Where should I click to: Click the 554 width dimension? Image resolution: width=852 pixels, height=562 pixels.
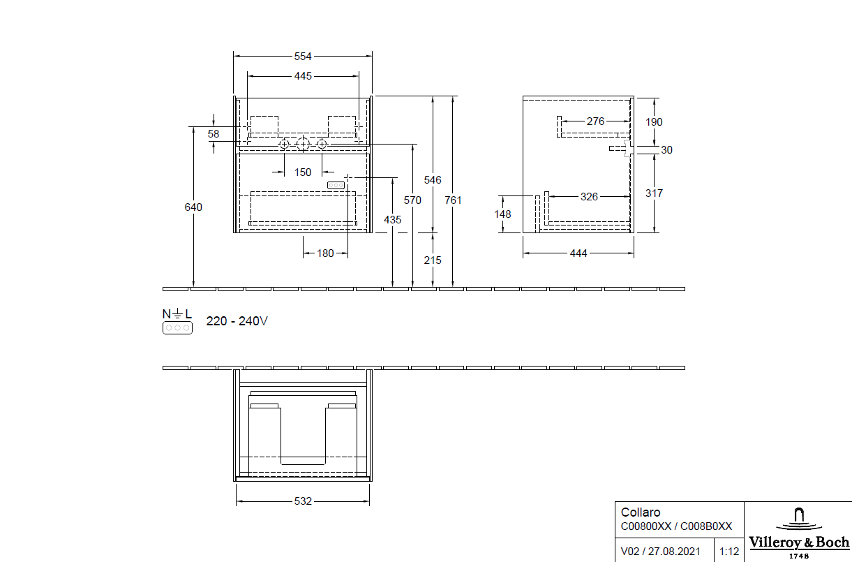click(x=302, y=57)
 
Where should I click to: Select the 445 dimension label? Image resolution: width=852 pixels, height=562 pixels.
click(x=303, y=75)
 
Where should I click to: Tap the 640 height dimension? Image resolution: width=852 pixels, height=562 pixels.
click(x=193, y=207)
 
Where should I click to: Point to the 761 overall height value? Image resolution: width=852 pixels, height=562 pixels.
click(x=453, y=200)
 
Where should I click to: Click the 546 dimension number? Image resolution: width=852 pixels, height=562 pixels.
click(x=433, y=180)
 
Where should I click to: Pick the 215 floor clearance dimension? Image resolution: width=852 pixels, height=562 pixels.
click(x=433, y=260)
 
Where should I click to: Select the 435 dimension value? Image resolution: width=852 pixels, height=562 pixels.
click(x=393, y=219)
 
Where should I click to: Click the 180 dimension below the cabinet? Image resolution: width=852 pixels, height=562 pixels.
click(x=325, y=253)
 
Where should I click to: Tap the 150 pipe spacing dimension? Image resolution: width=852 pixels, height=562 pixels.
click(x=302, y=172)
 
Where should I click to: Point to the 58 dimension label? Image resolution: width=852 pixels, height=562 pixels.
click(x=214, y=133)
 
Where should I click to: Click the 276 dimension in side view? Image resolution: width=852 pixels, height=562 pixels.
click(x=595, y=121)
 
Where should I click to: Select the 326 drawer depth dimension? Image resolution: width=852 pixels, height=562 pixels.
click(x=589, y=197)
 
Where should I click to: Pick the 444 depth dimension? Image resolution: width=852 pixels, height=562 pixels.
click(x=578, y=253)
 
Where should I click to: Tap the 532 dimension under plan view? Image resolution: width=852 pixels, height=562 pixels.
click(x=302, y=501)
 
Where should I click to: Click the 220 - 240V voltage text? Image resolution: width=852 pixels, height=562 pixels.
click(x=237, y=322)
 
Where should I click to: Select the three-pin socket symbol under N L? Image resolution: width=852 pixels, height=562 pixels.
click(x=177, y=327)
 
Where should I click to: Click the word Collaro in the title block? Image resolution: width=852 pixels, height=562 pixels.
click(x=641, y=512)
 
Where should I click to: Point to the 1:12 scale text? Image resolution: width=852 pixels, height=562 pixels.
click(x=728, y=552)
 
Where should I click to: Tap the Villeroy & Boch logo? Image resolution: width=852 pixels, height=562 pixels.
click(x=798, y=532)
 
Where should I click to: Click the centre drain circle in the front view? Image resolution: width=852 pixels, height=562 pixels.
click(x=302, y=145)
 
